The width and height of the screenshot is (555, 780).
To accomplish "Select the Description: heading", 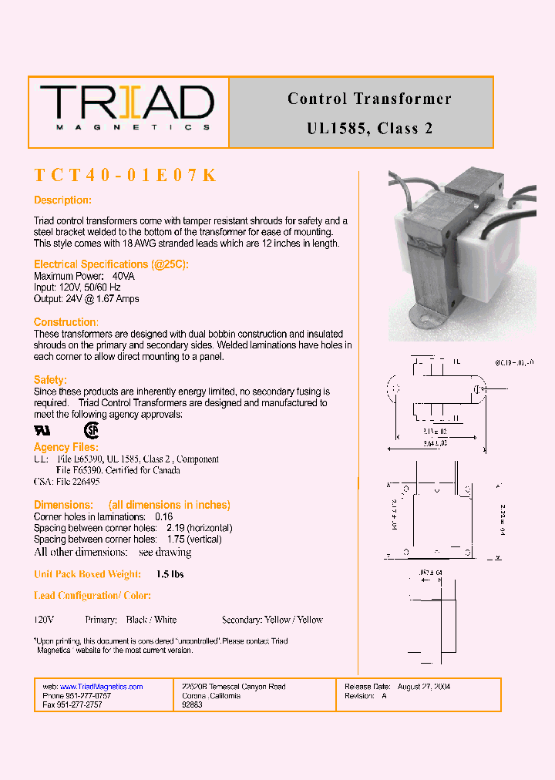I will pos(62,200).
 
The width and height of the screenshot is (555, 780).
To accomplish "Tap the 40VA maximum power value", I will pos(123,276).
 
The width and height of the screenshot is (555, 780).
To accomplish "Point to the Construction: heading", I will pos(66,322).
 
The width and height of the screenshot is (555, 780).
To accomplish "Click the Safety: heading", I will pos(50,380).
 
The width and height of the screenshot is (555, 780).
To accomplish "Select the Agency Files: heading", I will pos(66,447).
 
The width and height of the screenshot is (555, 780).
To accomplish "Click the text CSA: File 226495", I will pos(66,482).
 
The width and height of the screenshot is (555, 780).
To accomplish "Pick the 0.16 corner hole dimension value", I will pos(163,516).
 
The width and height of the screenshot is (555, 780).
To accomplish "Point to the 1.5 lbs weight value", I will pos(170,574).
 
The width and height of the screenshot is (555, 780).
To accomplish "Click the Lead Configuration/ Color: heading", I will pos(92,596).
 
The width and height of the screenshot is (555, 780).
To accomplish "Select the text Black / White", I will pos(151,620).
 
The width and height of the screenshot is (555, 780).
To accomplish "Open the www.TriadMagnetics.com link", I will pos(101,687).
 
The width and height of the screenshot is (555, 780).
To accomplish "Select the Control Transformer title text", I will pos(369,99).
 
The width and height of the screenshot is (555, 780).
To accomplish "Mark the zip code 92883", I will pos(192,705).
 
